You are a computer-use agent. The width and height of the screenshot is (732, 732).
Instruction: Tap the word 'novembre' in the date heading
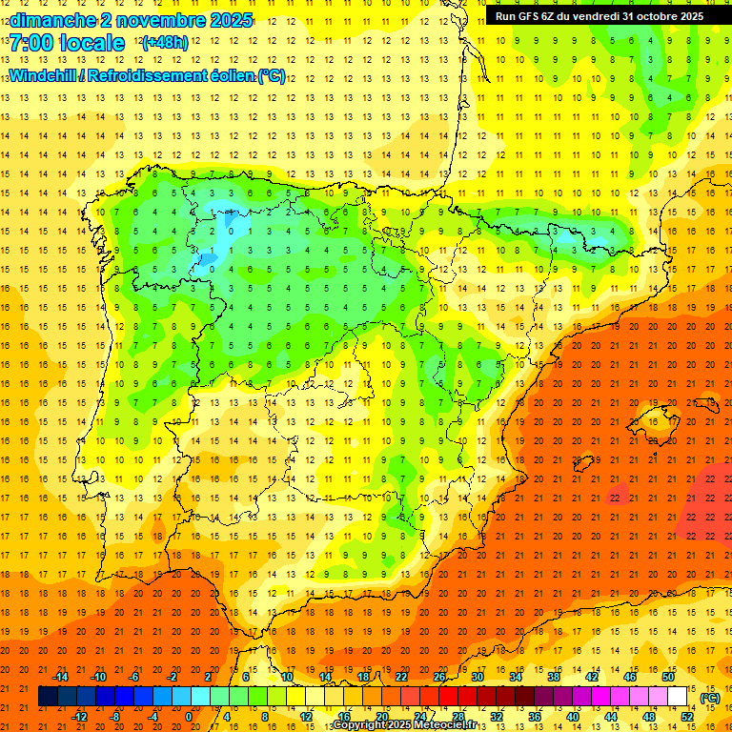pyautogui.click(x=149, y=20)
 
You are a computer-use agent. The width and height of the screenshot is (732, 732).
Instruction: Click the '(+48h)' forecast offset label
pyautogui.click(x=165, y=43)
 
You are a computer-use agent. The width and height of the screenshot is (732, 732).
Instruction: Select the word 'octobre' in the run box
pyautogui.click(x=651, y=16)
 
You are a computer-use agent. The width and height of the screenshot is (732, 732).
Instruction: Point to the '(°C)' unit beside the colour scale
pyautogui.click(x=709, y=697)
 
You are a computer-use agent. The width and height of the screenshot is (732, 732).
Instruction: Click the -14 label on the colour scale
pyautogui.click(x=59, y=677)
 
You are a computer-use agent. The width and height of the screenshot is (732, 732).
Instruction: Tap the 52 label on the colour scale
pyautogui.click(x=687, y=716)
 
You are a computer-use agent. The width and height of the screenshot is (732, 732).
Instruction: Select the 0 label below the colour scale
pyautogui.click(x=190, y=716)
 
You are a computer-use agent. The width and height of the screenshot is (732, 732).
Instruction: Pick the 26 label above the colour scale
pyautogui.click(x=439, y=677)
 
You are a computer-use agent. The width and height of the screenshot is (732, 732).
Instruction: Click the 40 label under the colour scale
pyautogui.click(x=573, y=716)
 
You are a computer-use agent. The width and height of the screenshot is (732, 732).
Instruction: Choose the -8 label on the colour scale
pyautogui.click(x=115, y=716)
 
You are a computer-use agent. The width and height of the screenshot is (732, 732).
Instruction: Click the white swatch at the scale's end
pyautogui.click(x=677, y=697)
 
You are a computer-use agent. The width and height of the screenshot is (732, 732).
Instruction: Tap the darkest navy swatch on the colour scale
pyautogui.click(x=48, y=697)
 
